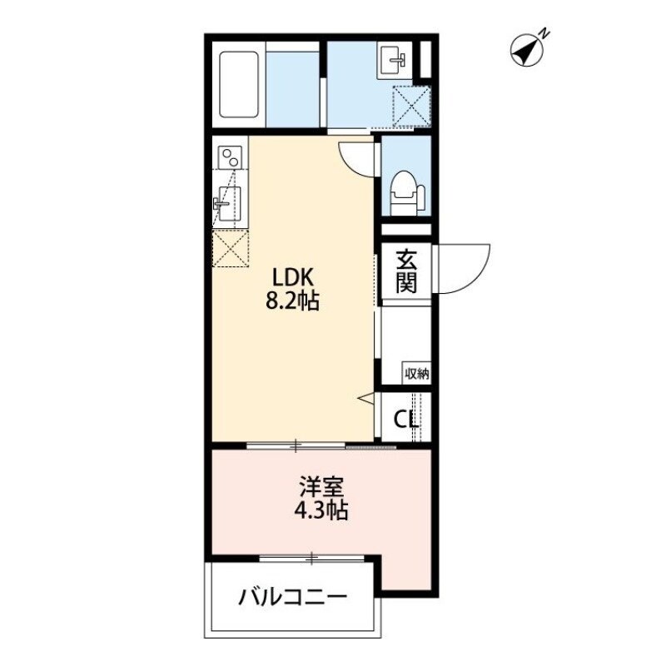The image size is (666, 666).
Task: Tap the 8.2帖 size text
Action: click(292, 301)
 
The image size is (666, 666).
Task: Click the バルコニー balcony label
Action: click(291, 597)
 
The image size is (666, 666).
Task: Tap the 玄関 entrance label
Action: click(405, 271)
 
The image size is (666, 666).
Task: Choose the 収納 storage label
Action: click(416, 373)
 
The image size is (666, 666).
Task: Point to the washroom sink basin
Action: click(394, 59)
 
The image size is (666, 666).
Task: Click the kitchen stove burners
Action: click(230, 157)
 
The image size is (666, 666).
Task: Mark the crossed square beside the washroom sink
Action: click(410, 105)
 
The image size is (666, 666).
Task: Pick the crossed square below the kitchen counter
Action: click(231, 250)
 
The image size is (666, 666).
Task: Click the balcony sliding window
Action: click(311, 558)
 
